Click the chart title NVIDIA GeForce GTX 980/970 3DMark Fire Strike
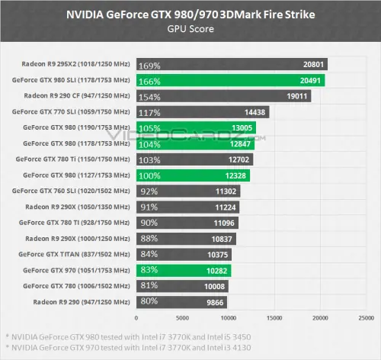(x=190, y=13)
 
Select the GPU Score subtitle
(x=190, y=28)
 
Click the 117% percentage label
(x=148, y=112)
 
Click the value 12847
(x=241, y=143)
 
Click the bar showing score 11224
(x=187, y=207)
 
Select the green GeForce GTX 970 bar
(x=184, y=270)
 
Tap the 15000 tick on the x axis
(x=274, y=317)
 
